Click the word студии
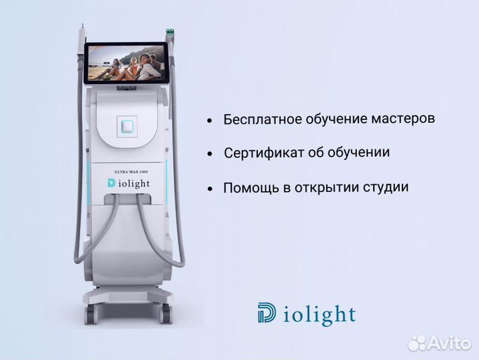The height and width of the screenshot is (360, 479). pos(384,186)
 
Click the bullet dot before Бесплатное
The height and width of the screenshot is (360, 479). pos(209,121)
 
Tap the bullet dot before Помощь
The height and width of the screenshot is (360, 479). pos(209,189)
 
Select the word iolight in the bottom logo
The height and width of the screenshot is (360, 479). pos(319,315)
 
